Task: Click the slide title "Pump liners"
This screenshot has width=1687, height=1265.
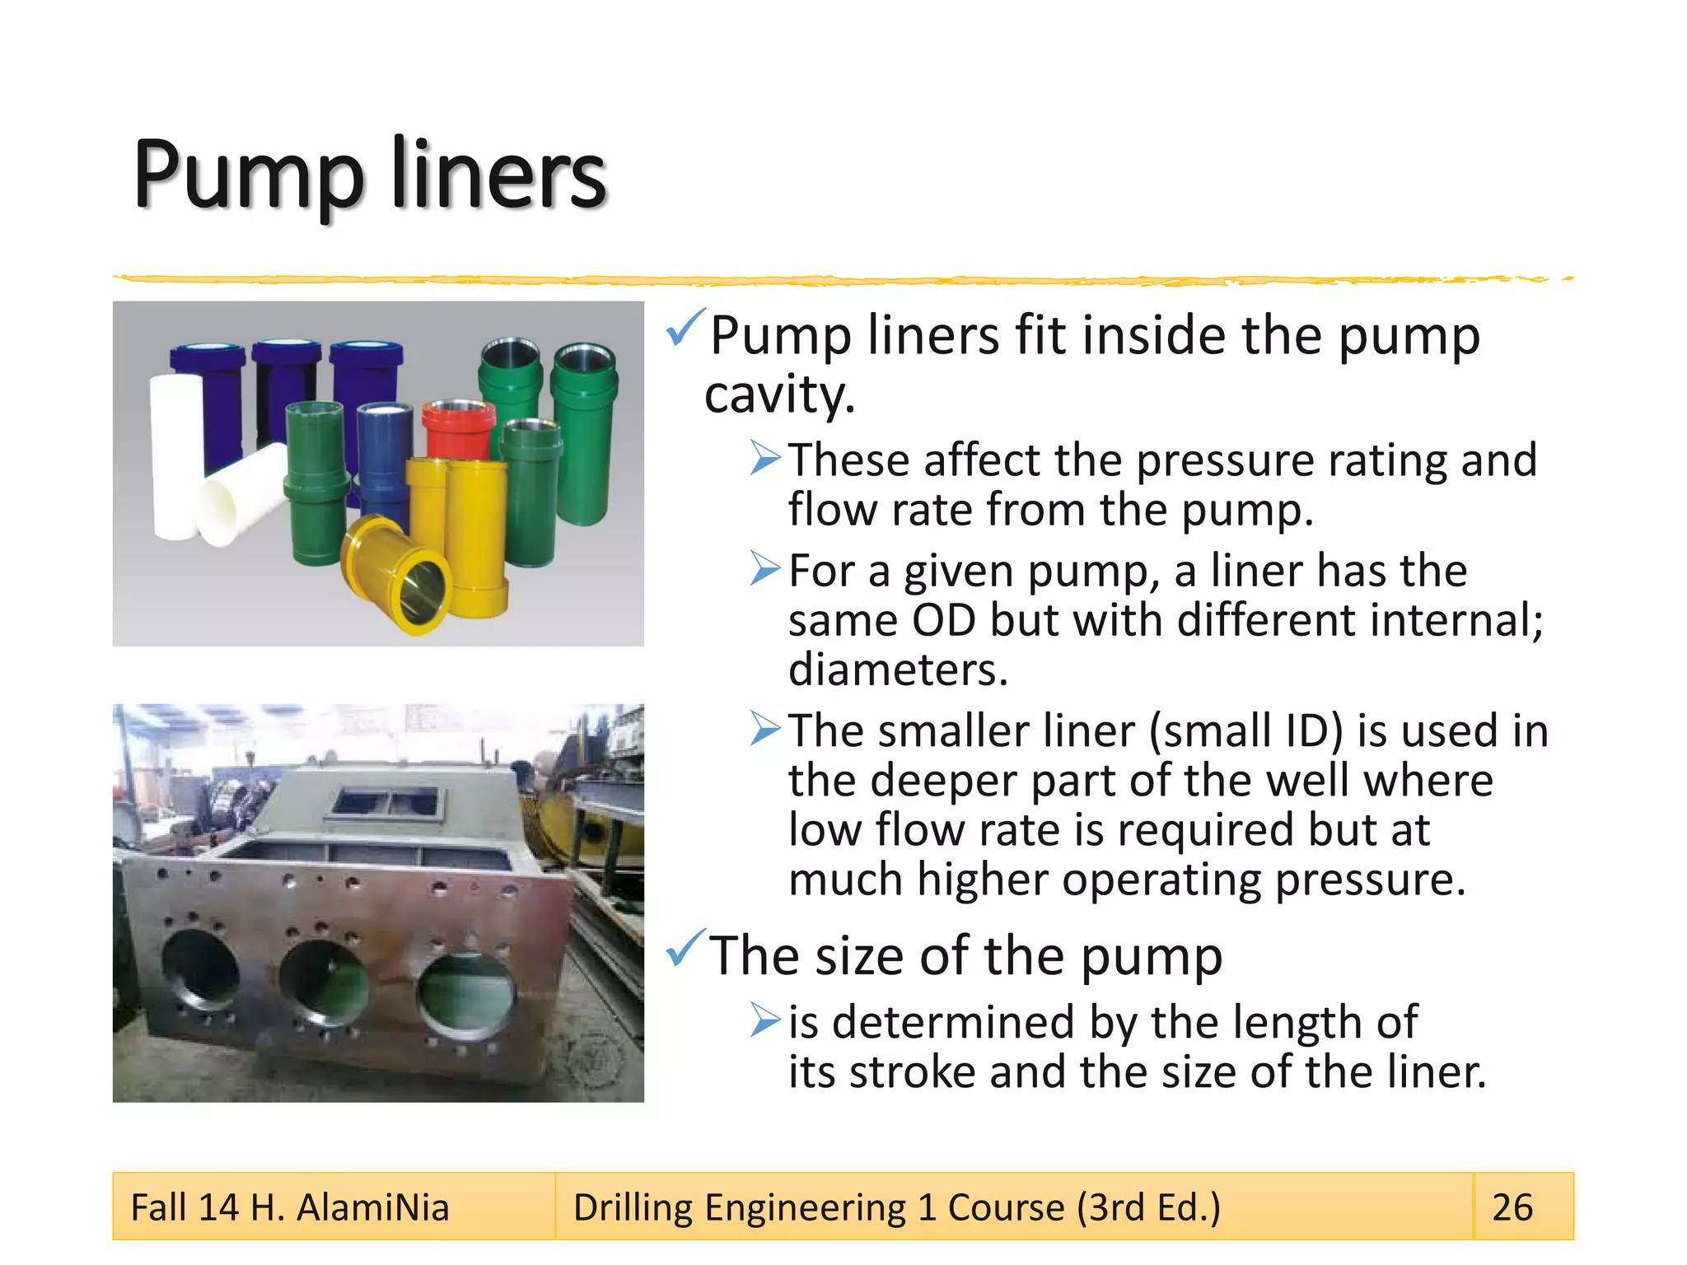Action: coord(370,175)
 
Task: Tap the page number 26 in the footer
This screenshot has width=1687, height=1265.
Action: coord(1512,1207)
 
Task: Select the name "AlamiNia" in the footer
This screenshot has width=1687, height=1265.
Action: coord(373,1208)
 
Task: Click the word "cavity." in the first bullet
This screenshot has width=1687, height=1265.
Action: coord(779,395)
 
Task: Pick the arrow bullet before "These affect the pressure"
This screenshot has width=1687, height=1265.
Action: coord(765,458)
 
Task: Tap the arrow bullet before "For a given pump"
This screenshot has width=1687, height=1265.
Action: coord(765,568)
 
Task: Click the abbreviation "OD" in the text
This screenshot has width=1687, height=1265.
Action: coord(943,619)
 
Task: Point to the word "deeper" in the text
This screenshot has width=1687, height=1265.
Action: coord(943,780)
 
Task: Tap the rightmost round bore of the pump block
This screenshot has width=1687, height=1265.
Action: coord(465,995)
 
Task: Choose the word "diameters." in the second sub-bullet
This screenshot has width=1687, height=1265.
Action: coord(898,670)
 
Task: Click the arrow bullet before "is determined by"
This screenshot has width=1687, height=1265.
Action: coord(765,1021)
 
